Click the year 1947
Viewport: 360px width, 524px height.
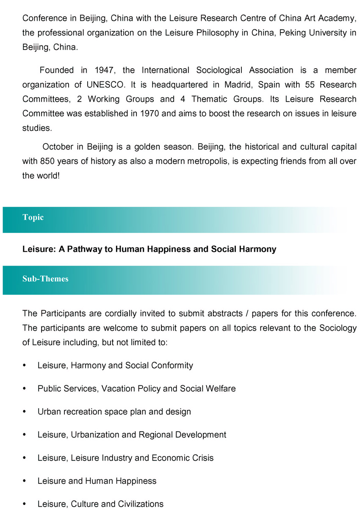105,70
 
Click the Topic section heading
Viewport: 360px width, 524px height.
33,217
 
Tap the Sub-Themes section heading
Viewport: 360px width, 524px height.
45,279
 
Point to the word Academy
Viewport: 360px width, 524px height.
336,19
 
